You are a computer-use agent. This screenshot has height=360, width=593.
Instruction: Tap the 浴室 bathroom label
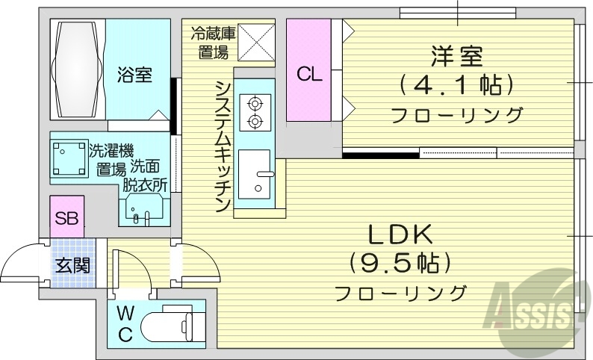135,75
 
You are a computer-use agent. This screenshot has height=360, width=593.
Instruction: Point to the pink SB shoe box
67,218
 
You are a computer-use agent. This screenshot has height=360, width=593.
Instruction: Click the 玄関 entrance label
73,264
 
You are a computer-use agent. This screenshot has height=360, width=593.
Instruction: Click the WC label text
125,322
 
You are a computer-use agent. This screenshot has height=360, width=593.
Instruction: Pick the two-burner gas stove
255,111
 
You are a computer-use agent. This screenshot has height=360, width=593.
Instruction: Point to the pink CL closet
309,72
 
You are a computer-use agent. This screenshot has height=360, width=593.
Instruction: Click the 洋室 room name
456,56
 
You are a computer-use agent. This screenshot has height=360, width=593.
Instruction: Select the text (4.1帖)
456,85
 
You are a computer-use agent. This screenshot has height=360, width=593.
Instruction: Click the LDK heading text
400,235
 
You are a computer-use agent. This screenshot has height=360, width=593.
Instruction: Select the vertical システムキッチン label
222,145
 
